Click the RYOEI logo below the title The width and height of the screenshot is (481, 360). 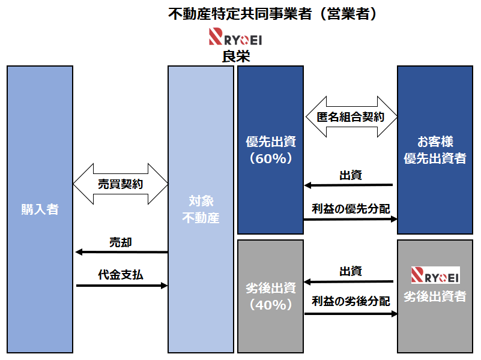click(x=235, y=38)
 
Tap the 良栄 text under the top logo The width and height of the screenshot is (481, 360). click(x=235, y=56)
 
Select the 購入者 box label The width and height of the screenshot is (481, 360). click(x=40, y=209)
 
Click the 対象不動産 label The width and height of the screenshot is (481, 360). click(x=201, y=209)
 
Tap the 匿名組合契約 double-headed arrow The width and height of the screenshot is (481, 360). click(x=351, y=117)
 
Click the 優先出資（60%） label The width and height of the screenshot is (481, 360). click(x=271, y=151)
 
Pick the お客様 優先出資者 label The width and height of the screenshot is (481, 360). click(x=435, y=151)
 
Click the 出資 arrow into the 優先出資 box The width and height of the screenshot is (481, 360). click(x=348, y=185)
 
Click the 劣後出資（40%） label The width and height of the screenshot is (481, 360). click(x=271, y=296)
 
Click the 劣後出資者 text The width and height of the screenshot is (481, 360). click(x=435, y=296)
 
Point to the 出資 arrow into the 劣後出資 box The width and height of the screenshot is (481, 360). click(x=348, y=281)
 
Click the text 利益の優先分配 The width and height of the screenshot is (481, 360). click(x=351, y=209)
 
